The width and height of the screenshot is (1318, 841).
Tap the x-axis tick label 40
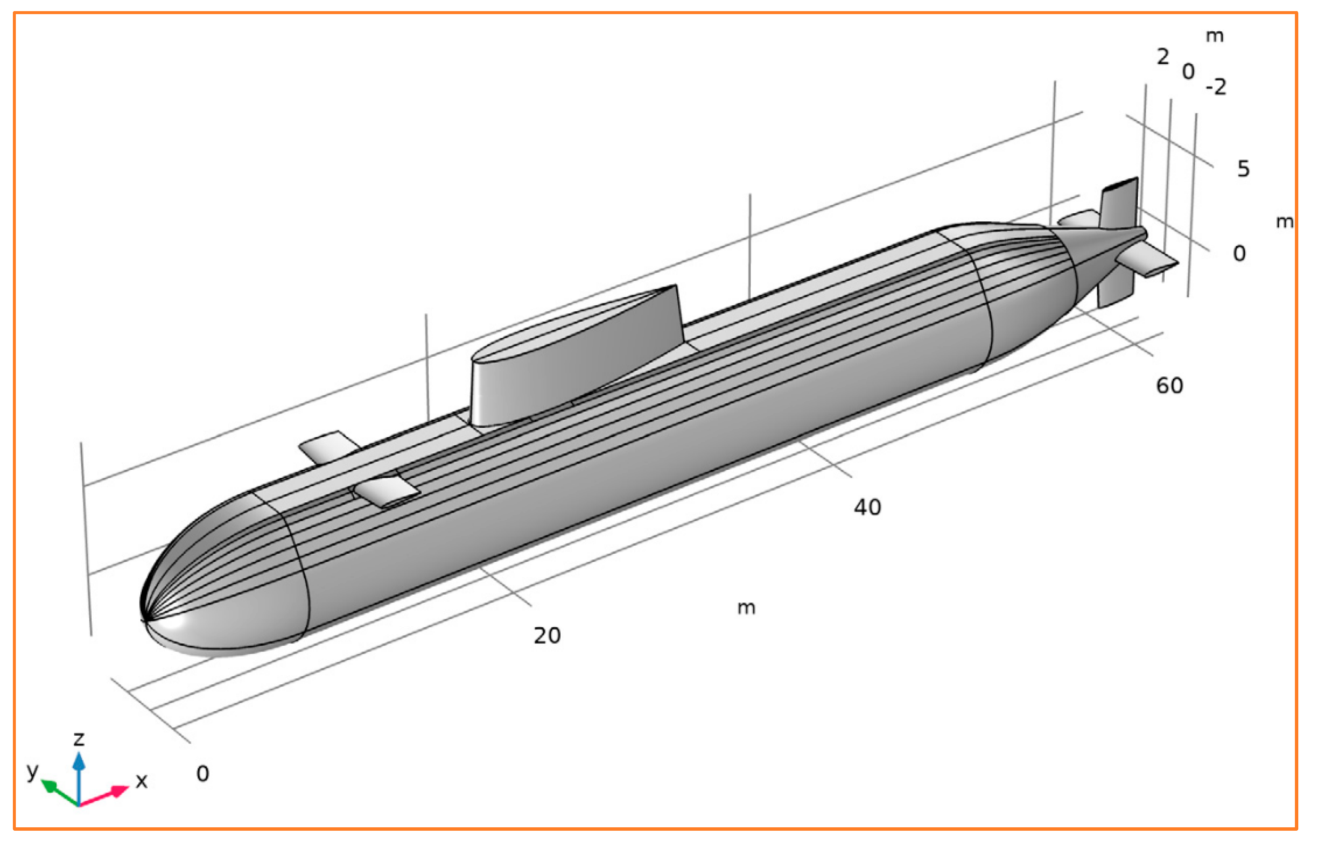[868, 507]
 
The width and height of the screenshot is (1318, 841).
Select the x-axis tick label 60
[1169, 386]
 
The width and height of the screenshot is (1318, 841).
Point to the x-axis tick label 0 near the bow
[203, 774]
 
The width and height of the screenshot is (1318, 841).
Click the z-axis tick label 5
[1243, 169]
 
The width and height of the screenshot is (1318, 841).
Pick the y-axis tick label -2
[1216, 87]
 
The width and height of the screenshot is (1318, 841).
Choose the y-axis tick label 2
[1163, 57]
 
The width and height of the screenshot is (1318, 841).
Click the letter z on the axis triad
[79, 739]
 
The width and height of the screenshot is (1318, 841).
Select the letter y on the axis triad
[33, 771]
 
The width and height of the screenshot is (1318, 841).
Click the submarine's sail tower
[575, 356]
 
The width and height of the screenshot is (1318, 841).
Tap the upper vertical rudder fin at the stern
[1119, 204]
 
